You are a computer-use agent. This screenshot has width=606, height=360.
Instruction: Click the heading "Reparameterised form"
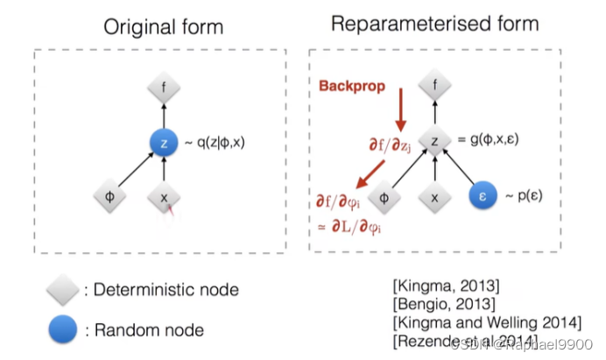(434, 23)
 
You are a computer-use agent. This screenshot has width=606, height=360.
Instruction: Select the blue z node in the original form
(165, 143)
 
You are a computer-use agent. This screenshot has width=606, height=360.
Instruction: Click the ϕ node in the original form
(109, 199)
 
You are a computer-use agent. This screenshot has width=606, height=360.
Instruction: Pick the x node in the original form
(165, 199)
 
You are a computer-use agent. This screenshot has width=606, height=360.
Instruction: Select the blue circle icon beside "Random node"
(64, 329)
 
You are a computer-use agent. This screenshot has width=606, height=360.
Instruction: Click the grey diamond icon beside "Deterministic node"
(64, 289)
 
